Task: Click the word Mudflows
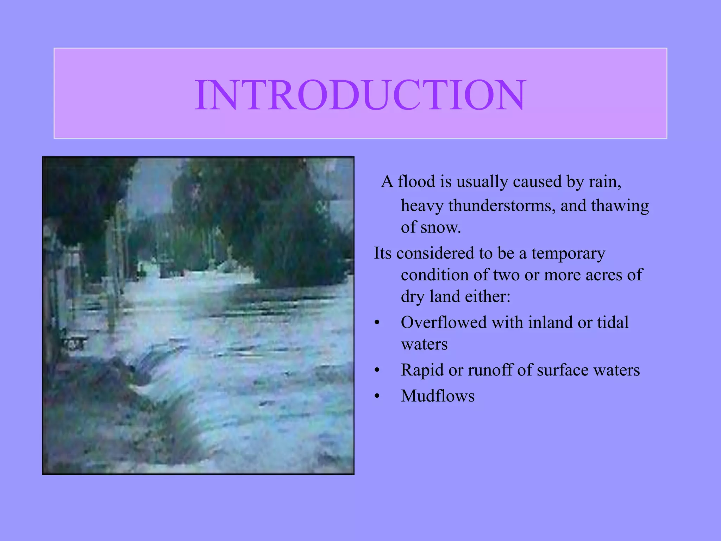click(x=438, y=396)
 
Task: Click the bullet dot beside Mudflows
click(x=377, y=396)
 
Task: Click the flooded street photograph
click(x=198, y=316)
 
